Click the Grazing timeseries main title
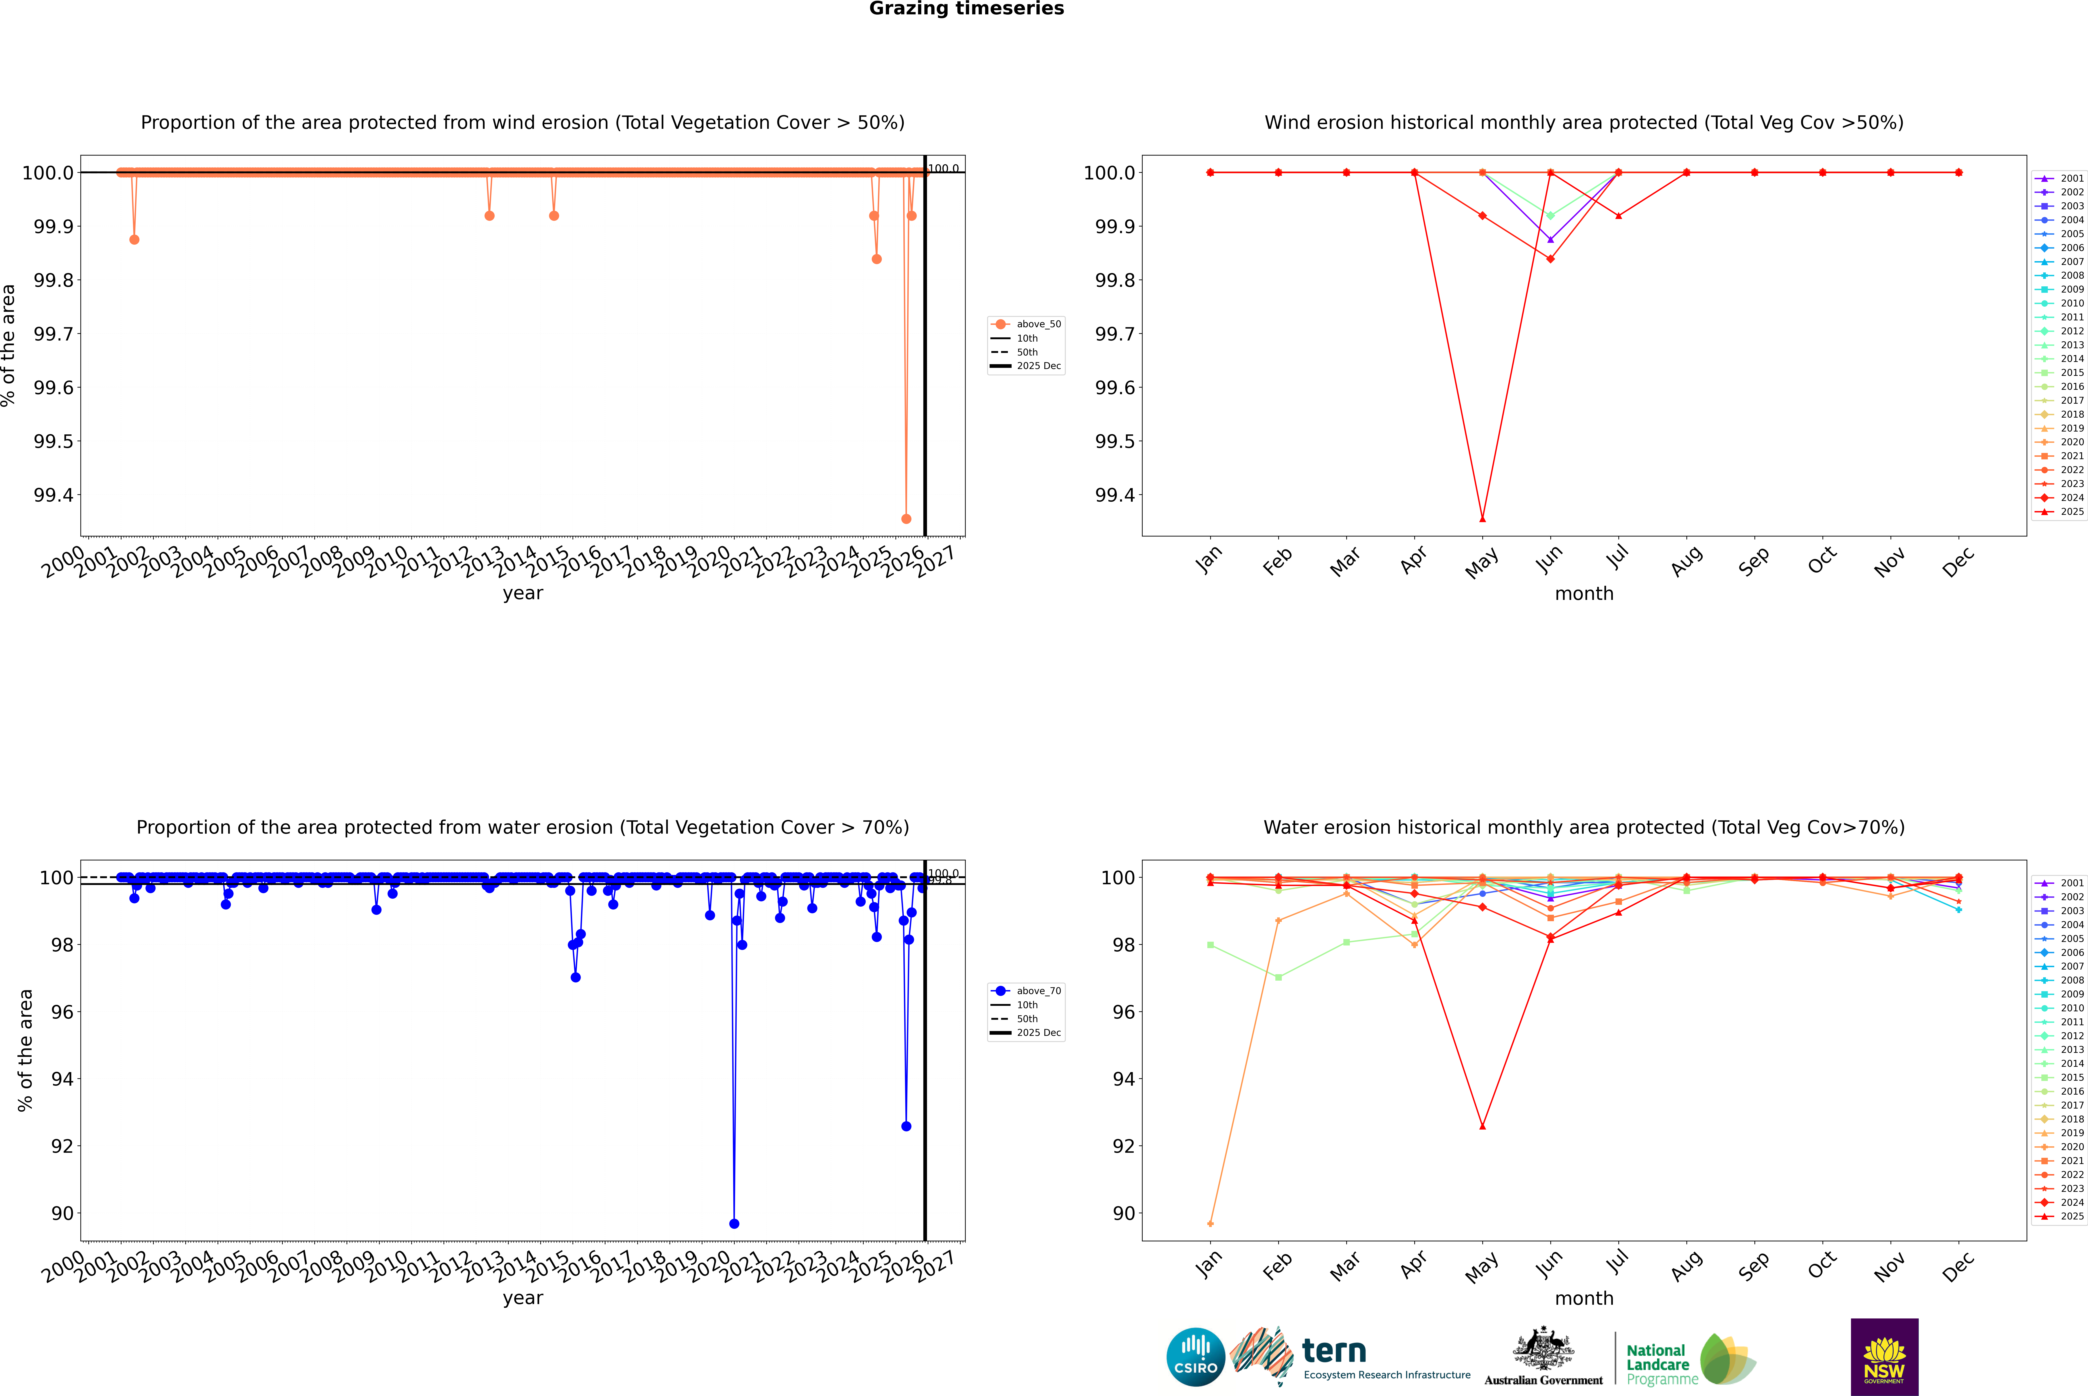pyautogui.click(x=967, y=9)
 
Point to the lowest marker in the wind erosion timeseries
pyautogui.click(x=906, y=519)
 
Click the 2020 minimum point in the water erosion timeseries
pyautogui.click(x=734, y=1223)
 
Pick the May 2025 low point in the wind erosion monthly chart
pyautogui.click(x=1482, y=519)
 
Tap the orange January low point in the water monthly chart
pyautogui.click(x=1210, y=1223)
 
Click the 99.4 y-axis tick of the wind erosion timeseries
pyautogui.click(x=53, y=495)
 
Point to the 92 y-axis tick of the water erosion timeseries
pyautogui.click(x=62, y=1146)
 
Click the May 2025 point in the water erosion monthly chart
pyautogui.click(x=1482, y=1126)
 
